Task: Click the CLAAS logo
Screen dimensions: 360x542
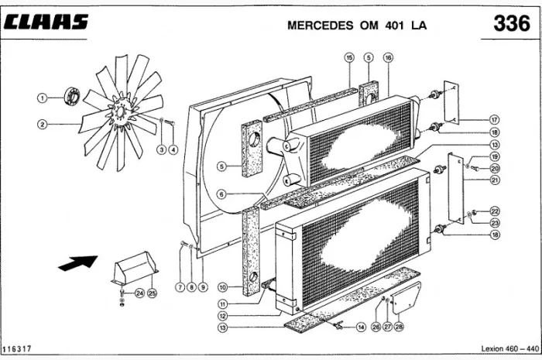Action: pyautogui.click(x=46, y=22)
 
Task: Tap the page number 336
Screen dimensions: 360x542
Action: pyautogui.click(x=512, y=24)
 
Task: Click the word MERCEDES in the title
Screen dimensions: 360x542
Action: pyautogui.click(x=319, y=25)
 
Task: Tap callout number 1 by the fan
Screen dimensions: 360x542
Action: pyautogui.click(x=43, y=97)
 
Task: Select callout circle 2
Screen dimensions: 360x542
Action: pyautogui.click(x=43, y=123)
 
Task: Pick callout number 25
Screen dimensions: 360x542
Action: pyautogui.click(x=153, y=293)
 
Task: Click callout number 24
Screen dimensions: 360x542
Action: pyautogui.click(x=139, y=293)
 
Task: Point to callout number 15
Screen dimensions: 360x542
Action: pyautogui.click(x=349, y=57)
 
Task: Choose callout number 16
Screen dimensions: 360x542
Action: pyautogui.click(x=388, y=57)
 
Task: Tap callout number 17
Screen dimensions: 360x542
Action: pyautogui.click(x=494, y=120)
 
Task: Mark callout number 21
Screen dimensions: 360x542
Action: pyautogui.click(x=494, y=180)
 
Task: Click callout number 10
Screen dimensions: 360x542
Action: pyautogui.click(x=222, y=287)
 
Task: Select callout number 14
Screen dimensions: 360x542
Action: pyautogui.click(x=361, y=327)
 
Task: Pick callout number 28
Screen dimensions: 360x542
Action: pyautogui.click(x=400, y=327)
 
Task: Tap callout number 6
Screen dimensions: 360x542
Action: pyautogui.click(x=222, y=194)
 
